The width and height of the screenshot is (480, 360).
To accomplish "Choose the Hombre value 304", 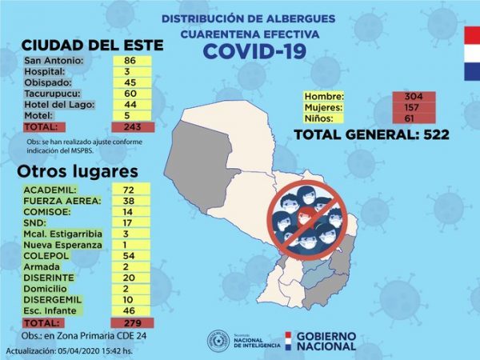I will pos(419,96).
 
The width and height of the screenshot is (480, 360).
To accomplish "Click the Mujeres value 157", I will pos(419,107).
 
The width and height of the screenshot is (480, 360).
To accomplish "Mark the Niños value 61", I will pos(419,118).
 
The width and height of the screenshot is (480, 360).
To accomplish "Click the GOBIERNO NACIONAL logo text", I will pos(326,341).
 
